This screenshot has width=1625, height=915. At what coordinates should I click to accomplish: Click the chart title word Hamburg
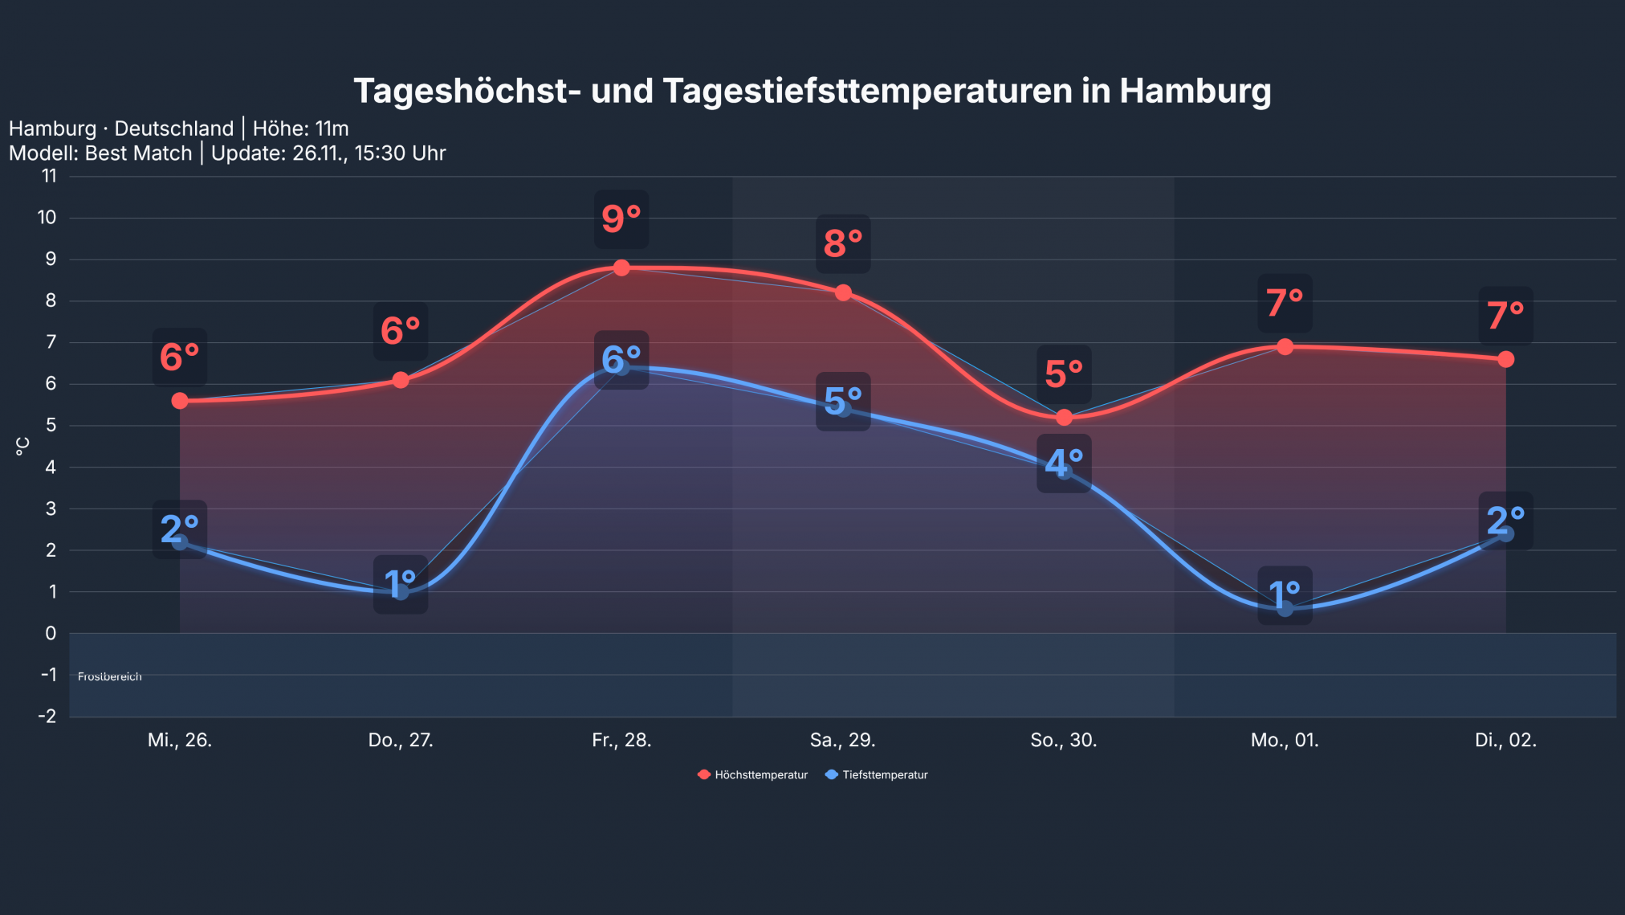(1195, 91)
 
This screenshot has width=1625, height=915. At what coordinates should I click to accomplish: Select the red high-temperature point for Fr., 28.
(621, 268)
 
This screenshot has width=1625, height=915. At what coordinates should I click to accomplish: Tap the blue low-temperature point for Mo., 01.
(1285, 609)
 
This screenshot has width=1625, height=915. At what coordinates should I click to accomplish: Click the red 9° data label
(621, 219)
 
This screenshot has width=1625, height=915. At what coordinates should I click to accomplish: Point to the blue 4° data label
(1064, 464)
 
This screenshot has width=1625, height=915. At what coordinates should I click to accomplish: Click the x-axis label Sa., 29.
(842, 740)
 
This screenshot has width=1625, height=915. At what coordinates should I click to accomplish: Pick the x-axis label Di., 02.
(1505, 740)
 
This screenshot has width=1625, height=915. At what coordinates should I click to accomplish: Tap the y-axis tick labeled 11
(50, 176)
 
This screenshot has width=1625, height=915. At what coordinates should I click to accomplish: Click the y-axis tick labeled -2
(47, 716)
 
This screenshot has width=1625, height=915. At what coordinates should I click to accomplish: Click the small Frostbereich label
(110, 676)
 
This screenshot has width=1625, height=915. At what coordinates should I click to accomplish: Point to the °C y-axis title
(22, 446)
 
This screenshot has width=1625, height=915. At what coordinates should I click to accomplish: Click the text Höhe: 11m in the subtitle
(300, 129)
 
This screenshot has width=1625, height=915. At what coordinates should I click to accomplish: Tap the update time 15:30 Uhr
(400, 153)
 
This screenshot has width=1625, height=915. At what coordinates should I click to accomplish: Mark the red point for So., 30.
(1064, 418)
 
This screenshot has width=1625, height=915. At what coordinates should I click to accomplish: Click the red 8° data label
(843, 243)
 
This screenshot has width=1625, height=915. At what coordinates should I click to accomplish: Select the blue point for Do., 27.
(401, 592)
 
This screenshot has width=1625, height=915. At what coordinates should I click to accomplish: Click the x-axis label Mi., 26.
(180, 740)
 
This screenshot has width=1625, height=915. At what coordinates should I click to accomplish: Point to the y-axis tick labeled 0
(51, 633)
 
